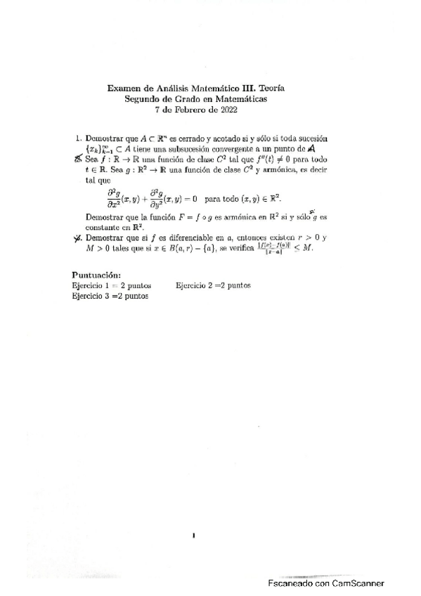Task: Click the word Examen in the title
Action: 124,89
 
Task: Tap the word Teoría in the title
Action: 272,89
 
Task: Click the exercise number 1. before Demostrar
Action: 79,139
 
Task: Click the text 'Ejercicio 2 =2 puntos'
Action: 214,285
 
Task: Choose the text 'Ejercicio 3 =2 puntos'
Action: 110,296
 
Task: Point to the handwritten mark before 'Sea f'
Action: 78,160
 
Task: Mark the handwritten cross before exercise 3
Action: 78,238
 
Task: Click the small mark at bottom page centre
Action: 194,537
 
